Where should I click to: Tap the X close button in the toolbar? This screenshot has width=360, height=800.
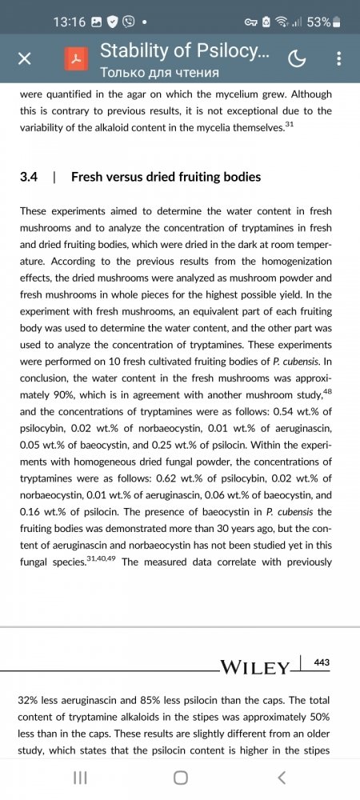(x=25, y=58)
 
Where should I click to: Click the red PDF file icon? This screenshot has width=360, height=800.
(x=76, y=58)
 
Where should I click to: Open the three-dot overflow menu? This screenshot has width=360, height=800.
(x=339, y=58)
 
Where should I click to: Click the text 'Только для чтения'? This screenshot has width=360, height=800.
(x=159, y=73)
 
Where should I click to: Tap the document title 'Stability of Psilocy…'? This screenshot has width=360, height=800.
(x=184, y=51)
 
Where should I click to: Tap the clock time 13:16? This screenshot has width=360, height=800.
(x=70, y=22)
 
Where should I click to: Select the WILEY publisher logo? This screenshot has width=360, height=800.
(x=254, y=668)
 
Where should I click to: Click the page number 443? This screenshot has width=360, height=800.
(x=322, y=663)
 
